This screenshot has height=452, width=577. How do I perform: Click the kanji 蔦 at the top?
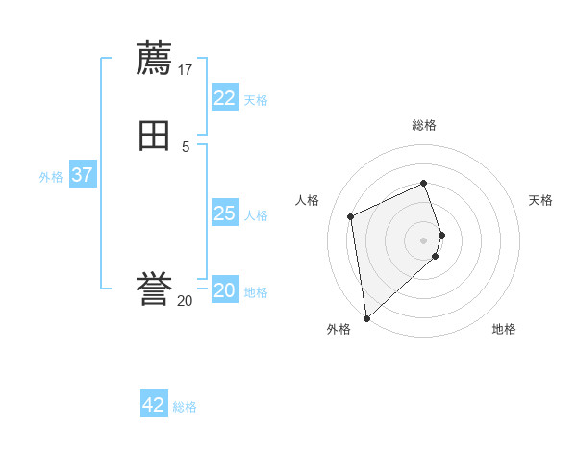[154, 58]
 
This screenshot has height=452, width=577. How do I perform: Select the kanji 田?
[154, 136]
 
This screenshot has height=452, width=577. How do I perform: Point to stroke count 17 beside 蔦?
[186, 69]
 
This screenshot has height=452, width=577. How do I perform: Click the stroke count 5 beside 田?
[185, 146]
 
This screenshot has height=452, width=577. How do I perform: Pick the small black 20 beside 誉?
[185, 301]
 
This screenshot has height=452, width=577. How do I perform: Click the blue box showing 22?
[224, 98]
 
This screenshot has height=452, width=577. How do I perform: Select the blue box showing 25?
[224, 213]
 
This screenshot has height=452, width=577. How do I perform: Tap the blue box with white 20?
[224, 290]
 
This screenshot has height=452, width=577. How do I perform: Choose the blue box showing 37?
[82, 175]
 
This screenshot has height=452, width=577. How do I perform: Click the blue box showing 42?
[154, 405]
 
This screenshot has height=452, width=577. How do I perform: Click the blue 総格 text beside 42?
[185, 407]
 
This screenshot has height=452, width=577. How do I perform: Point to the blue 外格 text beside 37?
[51, 177]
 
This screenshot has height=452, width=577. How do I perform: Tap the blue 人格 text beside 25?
[256, 215]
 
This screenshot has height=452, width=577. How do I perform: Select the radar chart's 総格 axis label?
[424, 125]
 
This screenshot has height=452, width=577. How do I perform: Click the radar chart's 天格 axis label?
[541, 200]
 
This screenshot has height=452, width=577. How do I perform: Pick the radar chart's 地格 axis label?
[504, 329]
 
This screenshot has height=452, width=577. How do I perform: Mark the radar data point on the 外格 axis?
[366, 317]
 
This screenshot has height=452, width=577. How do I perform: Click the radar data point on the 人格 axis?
[351, 216]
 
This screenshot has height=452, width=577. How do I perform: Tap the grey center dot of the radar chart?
[424, 239]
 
